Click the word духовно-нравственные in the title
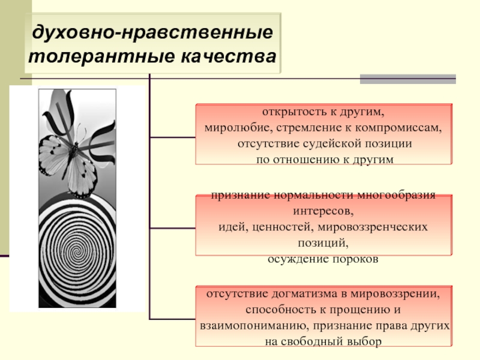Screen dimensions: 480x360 coord(152,33)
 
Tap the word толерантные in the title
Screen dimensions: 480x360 coord(101,56)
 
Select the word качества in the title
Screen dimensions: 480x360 coord(229,56)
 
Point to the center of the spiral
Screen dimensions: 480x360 coord(77,252)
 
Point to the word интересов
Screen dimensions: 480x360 coord(323,211)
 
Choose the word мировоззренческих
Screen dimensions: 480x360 coord(373,227)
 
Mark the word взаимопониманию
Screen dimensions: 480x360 coord(254,325)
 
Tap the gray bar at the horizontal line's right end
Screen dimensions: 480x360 coord(408,79)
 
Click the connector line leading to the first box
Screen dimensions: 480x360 coord(173,137)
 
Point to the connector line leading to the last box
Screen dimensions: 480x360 coord(173,319)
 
